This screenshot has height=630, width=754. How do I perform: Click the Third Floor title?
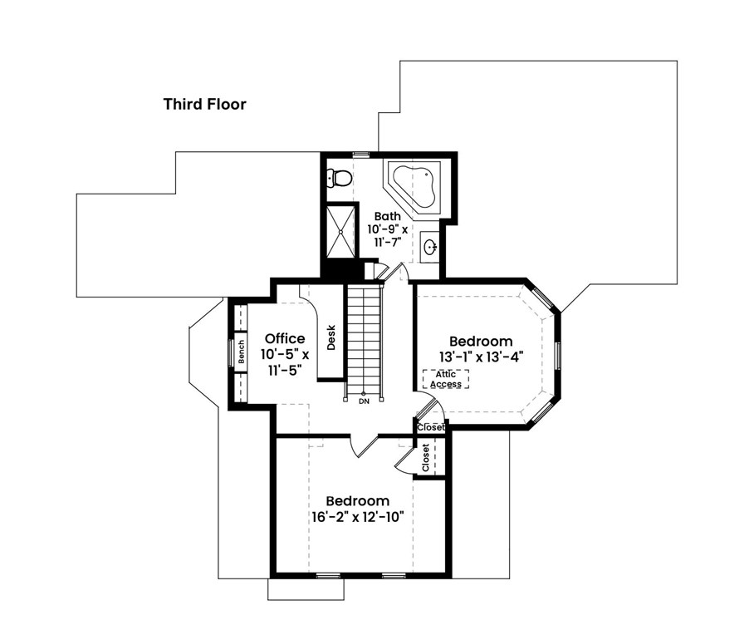pyautogui.click(x=205, y=104)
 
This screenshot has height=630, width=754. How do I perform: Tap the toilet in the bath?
pyautogui.click(x=339, y=178)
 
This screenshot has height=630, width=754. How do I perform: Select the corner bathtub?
pyautogui.click(x=414, y=186)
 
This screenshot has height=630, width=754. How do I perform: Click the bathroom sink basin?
pyautogui.click(x=429, y=248)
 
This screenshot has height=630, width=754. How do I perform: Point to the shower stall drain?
pyautogui.click(x=340, y=232)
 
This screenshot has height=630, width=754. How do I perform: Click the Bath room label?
pyautogui.click(x=387, y=216)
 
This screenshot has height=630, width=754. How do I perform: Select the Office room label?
pyautogui.click(x=285, y=338)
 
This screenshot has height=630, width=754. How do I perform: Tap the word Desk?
pyautogui.click(x=330, y=337)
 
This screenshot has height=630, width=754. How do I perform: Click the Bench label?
pyautogui.click(x=242, y=352)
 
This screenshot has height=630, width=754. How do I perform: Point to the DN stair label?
pyautogui.click(x=364, y=401)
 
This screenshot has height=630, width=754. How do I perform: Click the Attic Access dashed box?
pyautogui.click(x=446, y=379)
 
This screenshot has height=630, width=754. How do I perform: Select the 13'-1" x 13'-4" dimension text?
pyautogui.click(x=481, y=357)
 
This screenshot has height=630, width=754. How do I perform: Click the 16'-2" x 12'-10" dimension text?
pyautogui.click(x=357, y=517)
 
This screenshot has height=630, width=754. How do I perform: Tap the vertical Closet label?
pyautogui.click(x=425, y=457)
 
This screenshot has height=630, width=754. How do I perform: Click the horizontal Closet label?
pyautogui.click(x=431, y=427)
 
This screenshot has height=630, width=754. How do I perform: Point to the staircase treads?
pyautogui.click(x=364, y=339)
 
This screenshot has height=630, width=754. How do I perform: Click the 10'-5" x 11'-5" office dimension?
pyautogui.click(x=285, y=362)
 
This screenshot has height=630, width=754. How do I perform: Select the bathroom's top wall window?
pyautogui.click(x=361, y=154)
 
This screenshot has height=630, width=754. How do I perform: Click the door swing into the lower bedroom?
pyautogui.click(x=365, y=445)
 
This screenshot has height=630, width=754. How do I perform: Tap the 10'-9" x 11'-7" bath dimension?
pyautogui.click(x=388, y=235)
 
